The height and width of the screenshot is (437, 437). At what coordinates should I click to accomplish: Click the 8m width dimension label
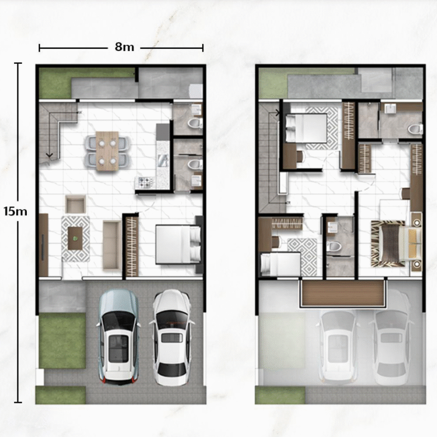124,47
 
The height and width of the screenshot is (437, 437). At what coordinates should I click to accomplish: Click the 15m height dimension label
16,212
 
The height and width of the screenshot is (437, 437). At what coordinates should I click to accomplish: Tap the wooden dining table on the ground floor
108,151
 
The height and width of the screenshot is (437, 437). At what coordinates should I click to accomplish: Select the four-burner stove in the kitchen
145,183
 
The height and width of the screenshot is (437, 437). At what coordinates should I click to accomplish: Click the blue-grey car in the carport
118,337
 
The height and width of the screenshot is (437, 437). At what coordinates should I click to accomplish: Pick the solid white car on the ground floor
171,337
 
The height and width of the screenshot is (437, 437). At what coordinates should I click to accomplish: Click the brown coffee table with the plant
75,238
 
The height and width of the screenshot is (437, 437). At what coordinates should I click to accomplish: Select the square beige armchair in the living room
75,204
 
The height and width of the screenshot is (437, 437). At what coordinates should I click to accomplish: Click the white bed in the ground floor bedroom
178,244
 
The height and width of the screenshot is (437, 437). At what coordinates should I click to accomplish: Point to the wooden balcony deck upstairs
343,294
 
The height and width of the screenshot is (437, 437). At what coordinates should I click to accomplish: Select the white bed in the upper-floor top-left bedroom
306,128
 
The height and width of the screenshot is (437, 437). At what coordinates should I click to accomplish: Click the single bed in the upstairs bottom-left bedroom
280,264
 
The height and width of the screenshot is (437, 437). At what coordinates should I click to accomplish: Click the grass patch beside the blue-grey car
62,340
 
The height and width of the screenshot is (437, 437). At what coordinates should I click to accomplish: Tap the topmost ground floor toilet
196,123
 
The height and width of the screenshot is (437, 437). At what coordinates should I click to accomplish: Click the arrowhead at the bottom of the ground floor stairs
50,155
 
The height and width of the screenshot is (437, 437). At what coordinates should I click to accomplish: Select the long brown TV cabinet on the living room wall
44,245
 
